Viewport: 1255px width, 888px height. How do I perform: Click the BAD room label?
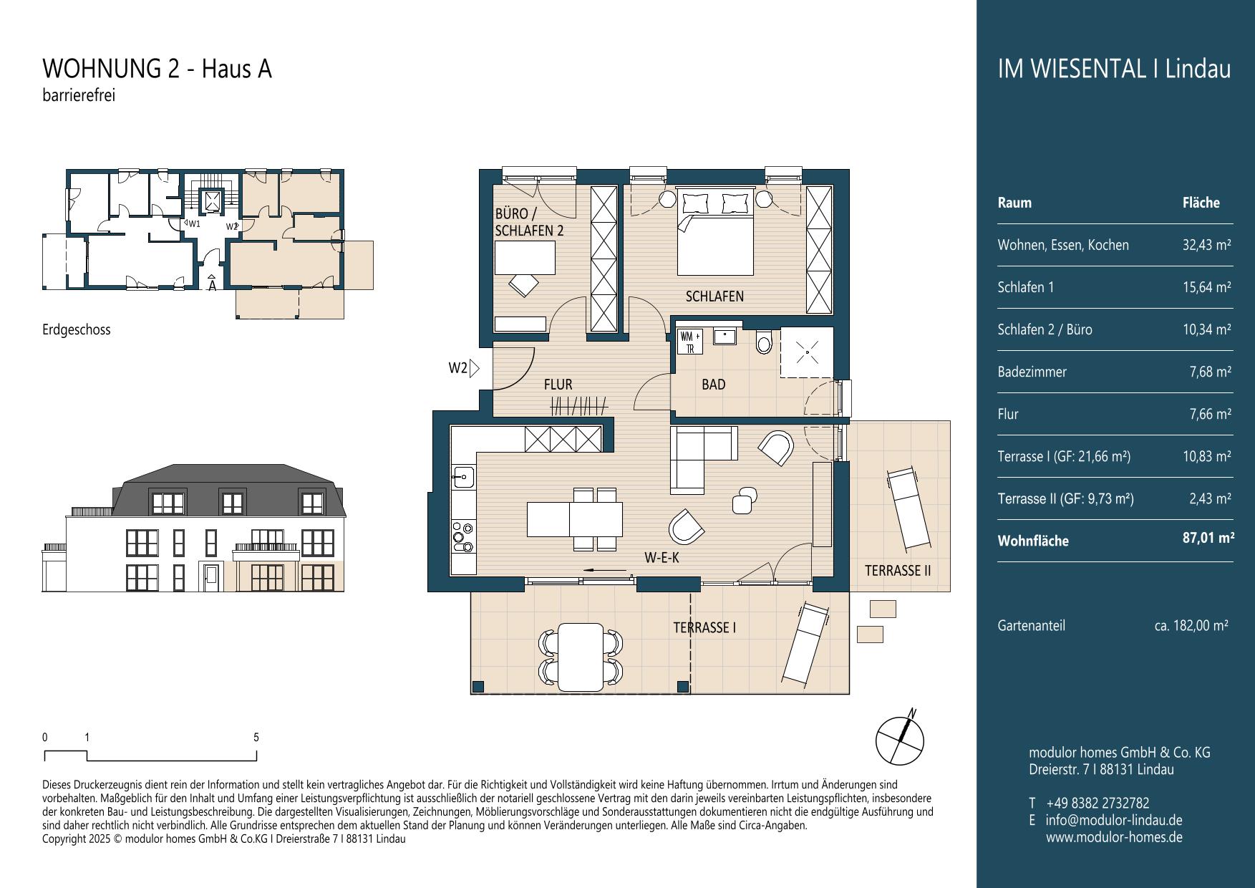(713, 385)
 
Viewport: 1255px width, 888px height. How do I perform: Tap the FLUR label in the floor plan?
(558, 385)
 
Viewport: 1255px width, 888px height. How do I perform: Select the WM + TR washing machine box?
(689, 342)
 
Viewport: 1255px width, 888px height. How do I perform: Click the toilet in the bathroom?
(764, 343)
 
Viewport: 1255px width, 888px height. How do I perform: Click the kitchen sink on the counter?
(462, 476)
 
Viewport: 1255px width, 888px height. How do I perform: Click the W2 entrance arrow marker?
(473, 369)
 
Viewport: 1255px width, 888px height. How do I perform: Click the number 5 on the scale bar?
(256, 737)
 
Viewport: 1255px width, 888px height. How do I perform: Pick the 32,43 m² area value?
(1207, 245)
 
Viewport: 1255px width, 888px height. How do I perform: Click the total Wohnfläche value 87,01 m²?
(1208, 538)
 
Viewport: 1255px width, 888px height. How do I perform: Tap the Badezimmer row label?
(1032, 372)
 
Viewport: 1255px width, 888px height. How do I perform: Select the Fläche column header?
(1201, 203)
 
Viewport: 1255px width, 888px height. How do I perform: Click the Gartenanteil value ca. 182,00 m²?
(1191, 625)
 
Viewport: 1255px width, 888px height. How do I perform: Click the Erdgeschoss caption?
(77, 330)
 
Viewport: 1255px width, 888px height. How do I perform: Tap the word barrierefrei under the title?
(79, 95)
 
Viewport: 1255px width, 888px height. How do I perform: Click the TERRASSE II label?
(898, 571)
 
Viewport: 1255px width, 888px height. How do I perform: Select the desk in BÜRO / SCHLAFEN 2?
(525, 258)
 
